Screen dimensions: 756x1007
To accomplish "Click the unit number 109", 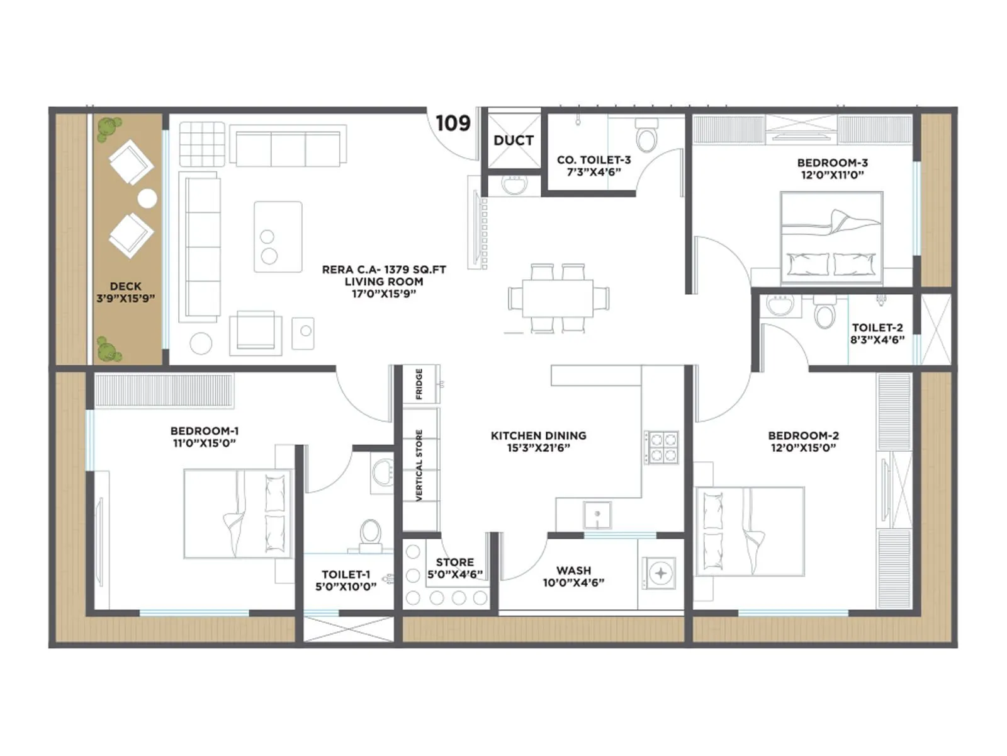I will (x=453, y=123).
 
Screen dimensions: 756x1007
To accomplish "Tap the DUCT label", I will (x=514, y=140).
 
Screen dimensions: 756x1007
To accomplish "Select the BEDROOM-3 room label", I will (x=832, y=163).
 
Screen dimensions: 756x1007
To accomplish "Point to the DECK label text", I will (x=125, y=286).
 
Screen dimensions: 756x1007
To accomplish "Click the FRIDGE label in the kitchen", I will (x=419, y=384).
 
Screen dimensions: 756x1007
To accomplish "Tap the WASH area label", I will (x=573, y=571).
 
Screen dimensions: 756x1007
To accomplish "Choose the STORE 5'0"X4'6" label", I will (x=455, y=568).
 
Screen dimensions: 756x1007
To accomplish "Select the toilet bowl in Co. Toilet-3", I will (x=646, y=134).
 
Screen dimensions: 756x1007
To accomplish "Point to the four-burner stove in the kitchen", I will (x=662, y=447).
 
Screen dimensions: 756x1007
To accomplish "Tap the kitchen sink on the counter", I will (x=597, y=515).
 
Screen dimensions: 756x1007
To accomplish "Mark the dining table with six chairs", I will (x=558, y=298).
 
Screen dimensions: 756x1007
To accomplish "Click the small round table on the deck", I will (x=147, y=198).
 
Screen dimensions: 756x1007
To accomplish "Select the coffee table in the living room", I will (x=278, y=237).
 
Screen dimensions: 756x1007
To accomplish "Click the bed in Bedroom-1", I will (x=238, y=513).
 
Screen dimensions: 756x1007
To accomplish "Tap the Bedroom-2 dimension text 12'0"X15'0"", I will (x=803, y=448).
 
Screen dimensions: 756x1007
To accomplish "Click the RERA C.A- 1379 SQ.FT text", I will (x=384, y=270).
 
